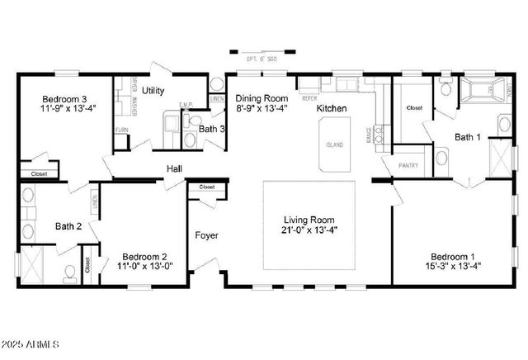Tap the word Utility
[153, 90]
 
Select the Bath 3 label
[212, 129]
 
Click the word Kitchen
[332, 108]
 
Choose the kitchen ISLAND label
[334, 145]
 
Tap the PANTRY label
[408, 165]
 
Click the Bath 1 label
[469, 137]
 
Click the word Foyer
[206, 235]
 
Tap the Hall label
[174, 168]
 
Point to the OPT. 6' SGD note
[263, 59]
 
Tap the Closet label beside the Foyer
[206, 187]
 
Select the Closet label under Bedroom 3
[39, 174]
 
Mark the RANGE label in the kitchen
[368, 137]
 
